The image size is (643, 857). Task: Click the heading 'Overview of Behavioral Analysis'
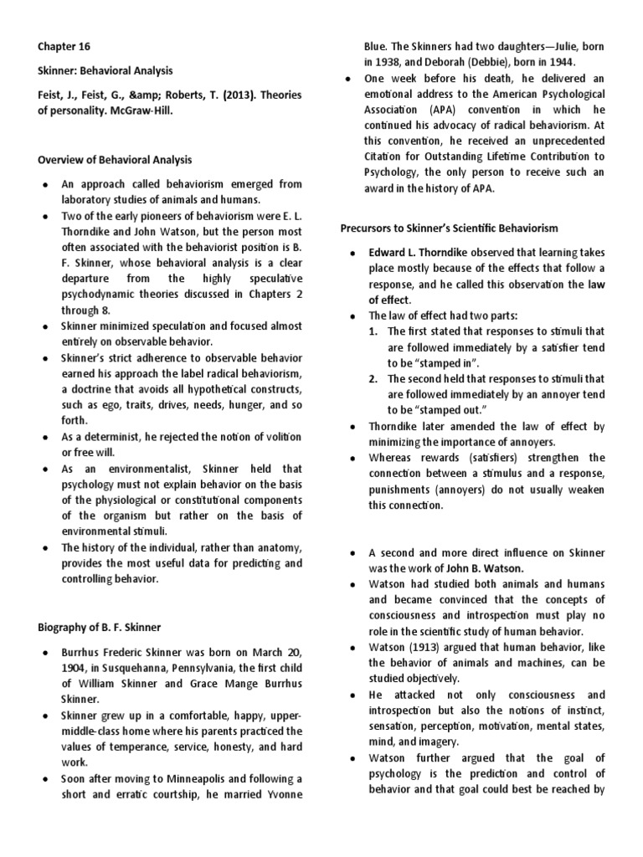(115, 159)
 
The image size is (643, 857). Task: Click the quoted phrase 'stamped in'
(448, 362)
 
